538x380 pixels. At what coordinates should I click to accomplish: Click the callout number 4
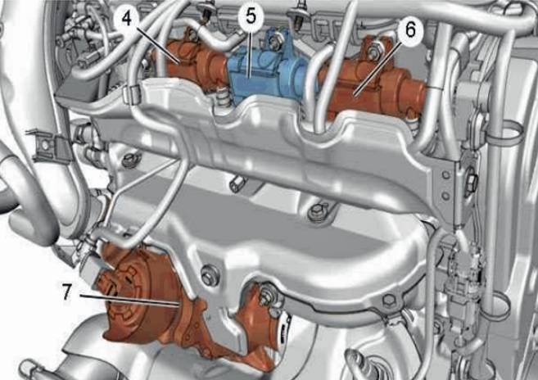[x=126, y=19]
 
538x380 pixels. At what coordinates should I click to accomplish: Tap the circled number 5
[x=251, y=17]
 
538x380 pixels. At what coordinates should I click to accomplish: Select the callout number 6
[x=410, y=29]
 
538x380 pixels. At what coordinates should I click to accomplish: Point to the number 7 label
[x=66, y=293]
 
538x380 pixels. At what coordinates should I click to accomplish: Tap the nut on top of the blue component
[x=274, y=40]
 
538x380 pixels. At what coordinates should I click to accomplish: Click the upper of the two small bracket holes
[x=445, y=175]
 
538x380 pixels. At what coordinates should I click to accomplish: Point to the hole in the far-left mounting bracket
[x=44, y=146]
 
